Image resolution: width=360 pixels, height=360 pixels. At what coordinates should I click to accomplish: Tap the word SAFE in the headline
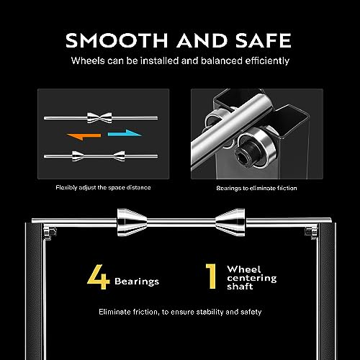click(x=263, y=40)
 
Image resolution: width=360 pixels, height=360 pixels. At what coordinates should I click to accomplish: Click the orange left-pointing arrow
click(x=84, y=136)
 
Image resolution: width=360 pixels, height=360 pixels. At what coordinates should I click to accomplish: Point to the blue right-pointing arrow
click(x=125, y=133)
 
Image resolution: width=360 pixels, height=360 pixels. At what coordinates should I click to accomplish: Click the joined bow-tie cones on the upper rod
click(x=99, y=118)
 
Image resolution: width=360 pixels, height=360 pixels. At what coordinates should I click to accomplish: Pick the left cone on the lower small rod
click(x=78, y=156)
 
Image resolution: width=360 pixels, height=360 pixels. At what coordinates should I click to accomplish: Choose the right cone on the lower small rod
click(x=119, y=156)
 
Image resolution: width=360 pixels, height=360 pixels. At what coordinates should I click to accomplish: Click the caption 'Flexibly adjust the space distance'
click(x=103, y=187)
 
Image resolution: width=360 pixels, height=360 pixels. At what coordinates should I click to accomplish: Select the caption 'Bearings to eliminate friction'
click(x=256, y=188)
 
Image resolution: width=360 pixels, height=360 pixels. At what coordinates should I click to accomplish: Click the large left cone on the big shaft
click(x=132, y=222)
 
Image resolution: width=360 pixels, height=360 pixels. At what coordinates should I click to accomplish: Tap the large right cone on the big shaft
click(x=230, y=222)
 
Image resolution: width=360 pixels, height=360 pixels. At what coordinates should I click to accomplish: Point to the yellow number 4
click(x=99, y=276)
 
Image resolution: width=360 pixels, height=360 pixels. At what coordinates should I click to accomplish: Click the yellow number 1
click(x=211, y=276)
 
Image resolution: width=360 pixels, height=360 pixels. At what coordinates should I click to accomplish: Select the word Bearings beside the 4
click(x=137, y=282)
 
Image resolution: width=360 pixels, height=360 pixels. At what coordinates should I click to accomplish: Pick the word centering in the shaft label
click(x=252, y=279)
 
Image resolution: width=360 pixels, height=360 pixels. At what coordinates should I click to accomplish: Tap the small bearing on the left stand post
click(x=50, y=233)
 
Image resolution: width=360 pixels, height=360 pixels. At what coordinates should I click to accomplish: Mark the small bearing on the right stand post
click(x=311, y=233)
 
